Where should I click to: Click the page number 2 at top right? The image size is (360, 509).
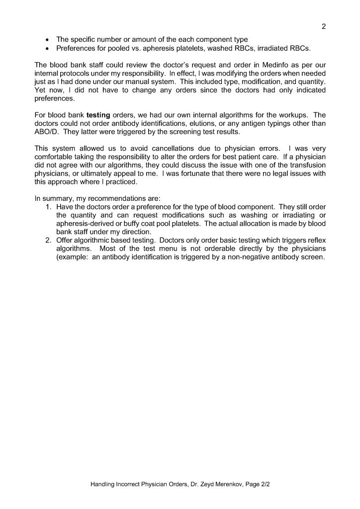pos(324,26)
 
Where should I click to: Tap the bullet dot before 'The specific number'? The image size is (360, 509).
pos(47,39)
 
